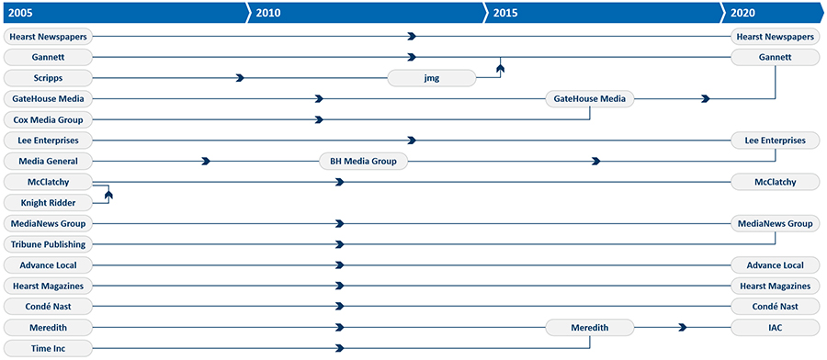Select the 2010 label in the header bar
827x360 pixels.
pyautogui.click(x=268, y=13)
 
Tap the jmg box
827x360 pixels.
pyautogui.click(x=432, y=78)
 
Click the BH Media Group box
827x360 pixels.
pyautogui.click(x=363, y=161)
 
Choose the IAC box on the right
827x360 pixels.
pyautogui.click(x=775, y=327)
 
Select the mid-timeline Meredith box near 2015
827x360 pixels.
pyautogui.click(x=590, y=327)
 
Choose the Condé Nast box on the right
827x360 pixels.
pyautogui.click(x=775, y=307)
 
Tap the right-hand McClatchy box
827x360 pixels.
pyautogui.click(x=775, y=182)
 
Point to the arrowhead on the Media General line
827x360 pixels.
pyautogui.click(x=207, y=161)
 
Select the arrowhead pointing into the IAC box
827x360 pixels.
pyautogui.click(x=683, y=327)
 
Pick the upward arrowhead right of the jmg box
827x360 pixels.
pyautogui.click(x=501, y=68)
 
